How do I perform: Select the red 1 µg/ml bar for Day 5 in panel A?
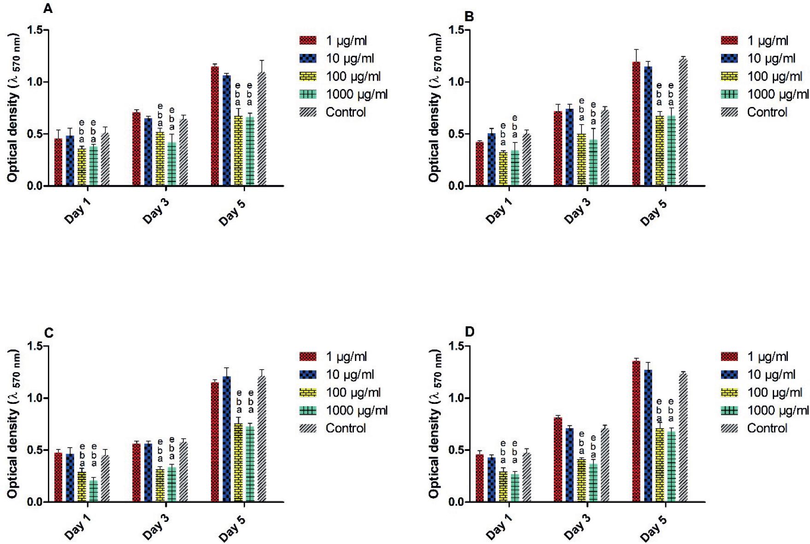(215, 126)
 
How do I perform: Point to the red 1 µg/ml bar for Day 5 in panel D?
(636, 432)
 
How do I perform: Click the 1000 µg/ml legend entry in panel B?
(764, 94)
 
